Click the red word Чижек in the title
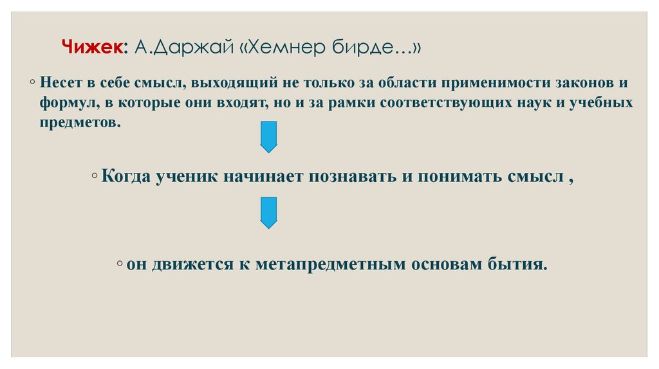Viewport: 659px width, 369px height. [x=94, y=48]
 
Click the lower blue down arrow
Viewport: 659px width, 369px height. [x=268, y=212]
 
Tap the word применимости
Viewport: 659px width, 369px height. [x=505, y=84]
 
